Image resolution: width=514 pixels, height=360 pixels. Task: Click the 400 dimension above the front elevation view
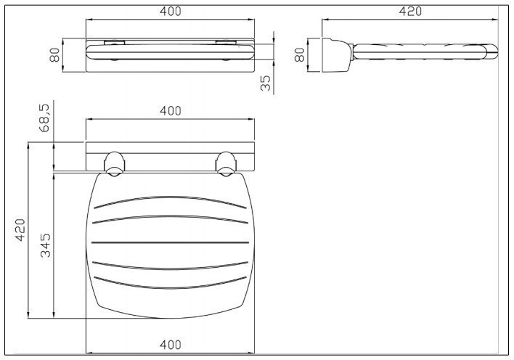pos(170,12)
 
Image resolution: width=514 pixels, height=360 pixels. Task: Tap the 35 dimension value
pos(266,83)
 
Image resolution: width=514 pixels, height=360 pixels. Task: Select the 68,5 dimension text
pos(44,118)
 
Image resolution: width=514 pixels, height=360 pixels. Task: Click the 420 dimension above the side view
pos(410,12)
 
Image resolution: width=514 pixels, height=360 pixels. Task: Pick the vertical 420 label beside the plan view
pos(20,230)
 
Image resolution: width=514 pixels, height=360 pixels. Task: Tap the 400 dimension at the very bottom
pos(170,345)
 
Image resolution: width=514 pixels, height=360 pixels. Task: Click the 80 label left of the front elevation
pos(54,54)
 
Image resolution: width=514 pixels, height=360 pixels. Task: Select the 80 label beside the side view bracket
pos(300,54)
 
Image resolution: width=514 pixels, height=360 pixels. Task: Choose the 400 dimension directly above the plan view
pos(170,111)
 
